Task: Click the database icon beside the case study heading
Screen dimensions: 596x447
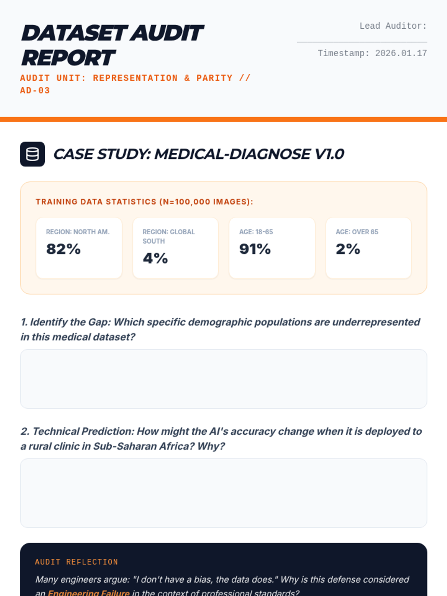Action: click(32, 154)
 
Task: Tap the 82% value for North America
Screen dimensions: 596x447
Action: click(63, 249)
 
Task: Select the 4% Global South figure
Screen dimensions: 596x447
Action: click(155, 258)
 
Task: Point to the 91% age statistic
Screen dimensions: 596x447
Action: click(255, 249)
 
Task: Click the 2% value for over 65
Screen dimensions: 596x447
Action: click(348, 249)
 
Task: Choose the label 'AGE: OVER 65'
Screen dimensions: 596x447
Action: click(357, 232)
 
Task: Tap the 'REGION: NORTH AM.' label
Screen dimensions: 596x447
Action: click(77, 232)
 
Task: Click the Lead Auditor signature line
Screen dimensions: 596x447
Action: click(362, 41)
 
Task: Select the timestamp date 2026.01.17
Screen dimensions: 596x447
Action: click(401, 53)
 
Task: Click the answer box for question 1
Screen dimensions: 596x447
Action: click(223, 378)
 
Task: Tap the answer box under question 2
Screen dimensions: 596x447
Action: click(223, 493)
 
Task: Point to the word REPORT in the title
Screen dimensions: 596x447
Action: click(68, 58)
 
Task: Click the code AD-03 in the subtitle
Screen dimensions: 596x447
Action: click(35, 91)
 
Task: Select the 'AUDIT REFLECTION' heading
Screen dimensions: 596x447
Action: click(76, 562)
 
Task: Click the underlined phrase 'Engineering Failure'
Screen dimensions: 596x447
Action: click(89, 592)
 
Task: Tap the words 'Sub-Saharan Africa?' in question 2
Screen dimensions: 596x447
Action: click(144, 446)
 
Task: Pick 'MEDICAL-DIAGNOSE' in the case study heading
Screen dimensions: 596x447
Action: click(232, 154)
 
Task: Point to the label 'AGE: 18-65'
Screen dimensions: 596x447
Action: click(256, 232)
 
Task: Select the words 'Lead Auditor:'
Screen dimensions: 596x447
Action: click(393, 26)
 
